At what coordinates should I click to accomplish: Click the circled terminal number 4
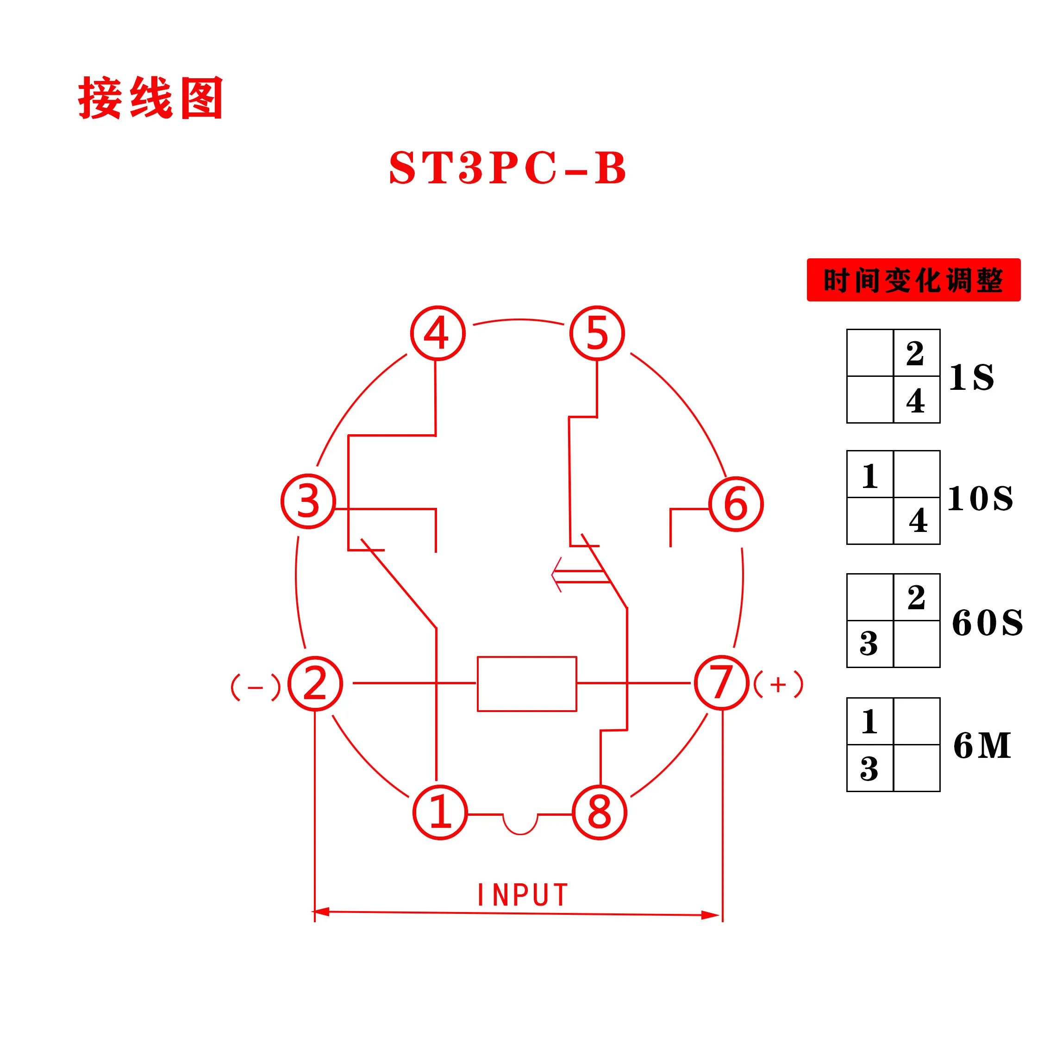point(437,333)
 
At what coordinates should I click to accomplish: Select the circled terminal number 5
point(597,333)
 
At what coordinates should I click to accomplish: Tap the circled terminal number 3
point(308,501)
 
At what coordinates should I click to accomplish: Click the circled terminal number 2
point(315,684)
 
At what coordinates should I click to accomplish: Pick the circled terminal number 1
point(440,812)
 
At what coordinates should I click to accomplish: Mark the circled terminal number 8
point(600,812)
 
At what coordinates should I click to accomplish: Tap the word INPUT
point(522,895)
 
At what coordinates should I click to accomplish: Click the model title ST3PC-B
point(508,168)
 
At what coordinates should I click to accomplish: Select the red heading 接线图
point(150,98)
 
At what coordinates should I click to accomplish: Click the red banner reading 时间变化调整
point(913,280)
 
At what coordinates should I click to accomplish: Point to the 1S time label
point(972,377)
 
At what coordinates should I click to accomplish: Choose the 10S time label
point(981,498)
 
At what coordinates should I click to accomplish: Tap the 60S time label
point(987,622)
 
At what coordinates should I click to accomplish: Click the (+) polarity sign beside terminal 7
point(778,684)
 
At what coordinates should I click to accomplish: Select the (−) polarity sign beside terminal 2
point(256,687)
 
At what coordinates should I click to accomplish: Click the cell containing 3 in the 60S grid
point(870,644)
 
